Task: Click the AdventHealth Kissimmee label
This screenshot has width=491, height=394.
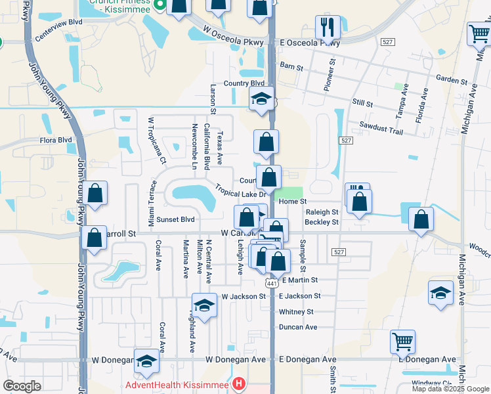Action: [178, 383]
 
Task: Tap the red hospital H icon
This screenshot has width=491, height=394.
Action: [239, 383]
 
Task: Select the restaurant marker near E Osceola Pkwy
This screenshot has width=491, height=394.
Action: [328, 28]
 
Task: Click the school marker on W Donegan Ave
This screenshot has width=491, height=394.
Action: [146, 361]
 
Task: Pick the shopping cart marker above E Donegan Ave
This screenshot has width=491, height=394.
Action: [402, 341]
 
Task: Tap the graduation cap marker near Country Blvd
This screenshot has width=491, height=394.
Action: [261, 100]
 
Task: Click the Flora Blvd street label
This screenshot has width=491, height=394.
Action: [55, 140]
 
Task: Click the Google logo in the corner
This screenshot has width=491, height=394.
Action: [22, 386]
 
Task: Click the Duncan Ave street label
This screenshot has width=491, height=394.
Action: [298, 327]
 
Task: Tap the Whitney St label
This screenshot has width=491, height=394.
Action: [296, 312]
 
